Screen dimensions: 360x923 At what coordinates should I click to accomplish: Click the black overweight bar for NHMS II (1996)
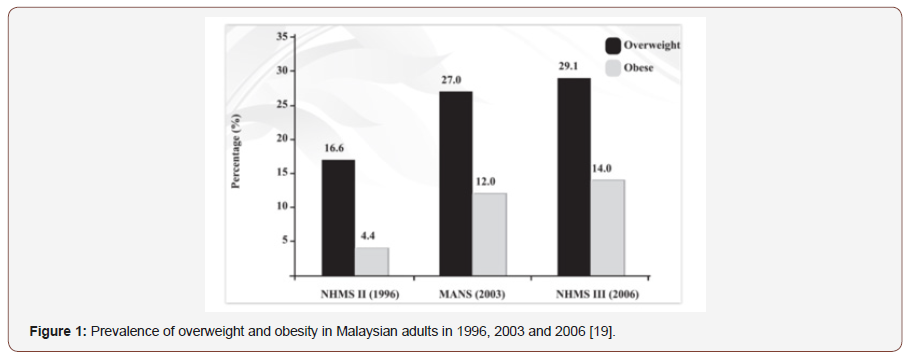(x=338, y=217)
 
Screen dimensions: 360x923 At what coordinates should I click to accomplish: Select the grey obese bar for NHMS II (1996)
(x=372, y=261)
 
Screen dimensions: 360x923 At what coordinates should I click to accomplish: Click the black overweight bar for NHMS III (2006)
(x=574, y=176)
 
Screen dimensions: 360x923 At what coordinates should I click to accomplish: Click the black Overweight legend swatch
(x=611, y=45)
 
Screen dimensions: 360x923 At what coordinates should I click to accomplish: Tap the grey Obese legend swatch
(x=611, y=68)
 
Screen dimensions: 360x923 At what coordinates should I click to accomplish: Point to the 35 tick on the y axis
(x=281, y=37)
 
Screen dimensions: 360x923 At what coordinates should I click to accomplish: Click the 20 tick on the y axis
(x=281, y=139)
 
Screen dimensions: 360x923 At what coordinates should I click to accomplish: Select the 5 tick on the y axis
(x=284, y=241)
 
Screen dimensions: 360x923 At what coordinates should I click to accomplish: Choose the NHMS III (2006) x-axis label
(x=592, y=295)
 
